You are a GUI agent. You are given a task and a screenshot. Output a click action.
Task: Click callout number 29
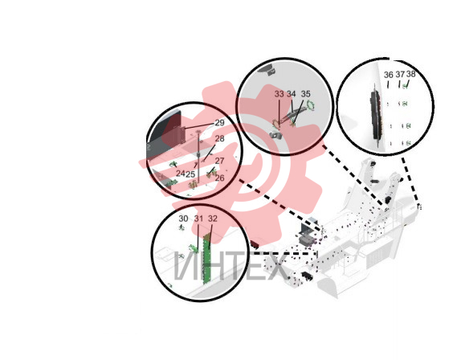pyautogui.click(x=219, y=123)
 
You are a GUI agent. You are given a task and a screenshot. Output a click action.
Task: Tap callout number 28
pyautogui.click(x=219, y=138)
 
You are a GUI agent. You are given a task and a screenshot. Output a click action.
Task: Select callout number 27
pyautogui.click(x=219, y=161)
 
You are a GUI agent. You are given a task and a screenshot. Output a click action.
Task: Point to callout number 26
pyautogui.click(x=219, y=178)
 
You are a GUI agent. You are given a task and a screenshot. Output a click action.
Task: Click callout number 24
pyautogui.click(x=181, y=174)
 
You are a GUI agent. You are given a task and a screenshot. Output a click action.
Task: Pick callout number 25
pyautogui.click(x=190, y=174)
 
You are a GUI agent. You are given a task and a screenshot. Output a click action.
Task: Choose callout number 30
pyautogui.click(x=183, y=219)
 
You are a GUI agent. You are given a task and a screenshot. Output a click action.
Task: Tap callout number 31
pyautogui.click(x=198, y=219)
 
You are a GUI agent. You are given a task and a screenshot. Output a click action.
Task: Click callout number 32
pyautogui.click(x=213, y=219)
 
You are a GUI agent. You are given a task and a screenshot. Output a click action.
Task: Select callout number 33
pyautogui.click(x=279, y=94)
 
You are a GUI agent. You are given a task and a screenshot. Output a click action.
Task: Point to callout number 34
pyautogui.click(x=292, y=94)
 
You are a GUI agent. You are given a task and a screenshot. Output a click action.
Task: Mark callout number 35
pyautogui.click(x=305, y=94)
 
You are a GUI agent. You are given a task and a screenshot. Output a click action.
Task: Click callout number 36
pyautogui.click(x=389, y=75)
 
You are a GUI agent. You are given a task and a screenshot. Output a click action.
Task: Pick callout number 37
pyautogui.click(x=400, y=75)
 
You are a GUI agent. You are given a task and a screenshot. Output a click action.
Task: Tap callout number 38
pyautogui.click(x=410, y=74)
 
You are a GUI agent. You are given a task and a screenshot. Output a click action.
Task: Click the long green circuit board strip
pyautogui.click(x=206, y=259)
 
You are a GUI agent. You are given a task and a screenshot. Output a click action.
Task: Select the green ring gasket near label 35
pyautogui.click(x=311, y=104)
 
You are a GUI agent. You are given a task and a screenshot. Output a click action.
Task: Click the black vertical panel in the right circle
pyautogui.click(x=375, y=116)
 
